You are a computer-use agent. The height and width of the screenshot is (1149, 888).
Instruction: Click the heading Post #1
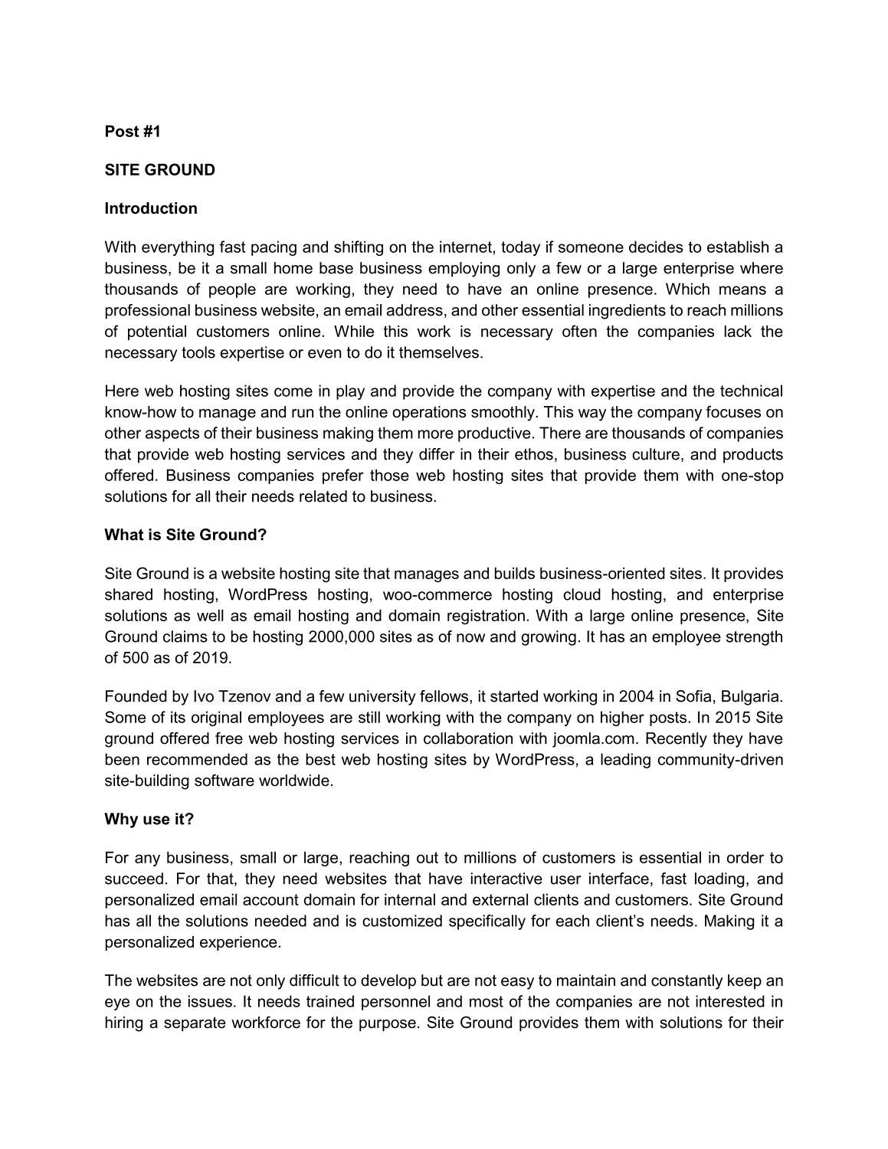pos(133,132)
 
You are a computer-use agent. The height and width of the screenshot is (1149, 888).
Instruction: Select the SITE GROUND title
pos(159,170)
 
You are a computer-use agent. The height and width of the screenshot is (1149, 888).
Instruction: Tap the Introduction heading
pos(151,208)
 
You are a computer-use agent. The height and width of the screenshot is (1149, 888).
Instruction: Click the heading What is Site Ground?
pos(185,535)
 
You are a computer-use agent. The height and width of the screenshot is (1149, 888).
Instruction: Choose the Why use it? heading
pos(149,819)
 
